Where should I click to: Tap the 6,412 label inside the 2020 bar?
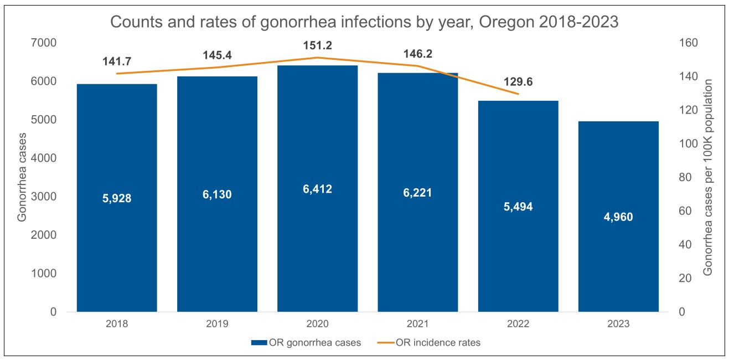click(x=317, y=190)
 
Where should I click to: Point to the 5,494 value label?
click(x=518, y=207)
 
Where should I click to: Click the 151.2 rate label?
click(x=317, y=45)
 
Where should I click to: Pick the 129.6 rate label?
click(x=518, y=82)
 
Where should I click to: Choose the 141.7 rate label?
click(x=117, y=61)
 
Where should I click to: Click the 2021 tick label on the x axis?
click(x=417, y=324)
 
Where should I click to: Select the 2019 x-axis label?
click(x=217, y=324)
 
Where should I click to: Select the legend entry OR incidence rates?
click(x=438, y=342)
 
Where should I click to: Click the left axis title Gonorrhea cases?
click(x=22, y=177)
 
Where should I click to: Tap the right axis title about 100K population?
click(x=708, y=177)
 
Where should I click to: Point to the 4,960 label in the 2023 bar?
click(x=618, y=217)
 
